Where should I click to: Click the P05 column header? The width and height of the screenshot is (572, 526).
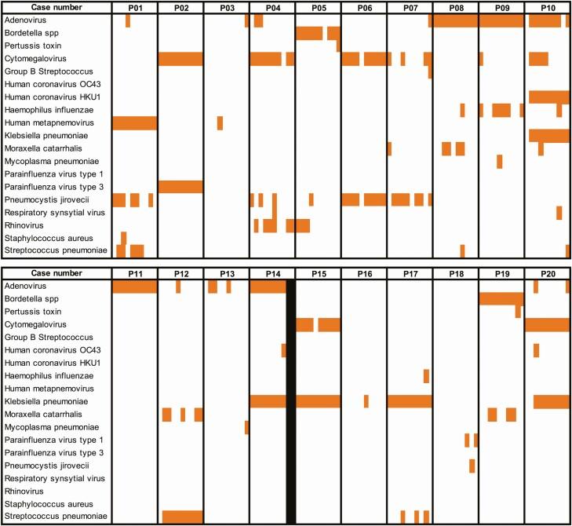click(x=318, y=7)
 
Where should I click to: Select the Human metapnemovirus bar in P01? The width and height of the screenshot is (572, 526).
click(x=134, y=122)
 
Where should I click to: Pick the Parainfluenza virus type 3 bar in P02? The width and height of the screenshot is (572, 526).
click(x=180, y=186)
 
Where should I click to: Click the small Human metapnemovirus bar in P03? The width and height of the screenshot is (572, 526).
click(x=220, y=122)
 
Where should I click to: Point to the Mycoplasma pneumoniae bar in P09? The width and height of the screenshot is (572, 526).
click(x=499, y=161)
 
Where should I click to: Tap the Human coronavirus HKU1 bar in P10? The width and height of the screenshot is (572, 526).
click(x=548, y=97)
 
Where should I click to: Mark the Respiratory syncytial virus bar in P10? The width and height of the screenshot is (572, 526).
click(x=559, y=212)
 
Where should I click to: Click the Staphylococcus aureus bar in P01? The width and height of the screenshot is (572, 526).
click(x=123, y=237)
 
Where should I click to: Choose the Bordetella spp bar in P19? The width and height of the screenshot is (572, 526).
click(x=501, y=298)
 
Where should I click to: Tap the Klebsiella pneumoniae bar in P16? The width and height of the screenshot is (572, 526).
click(x=366, y=401)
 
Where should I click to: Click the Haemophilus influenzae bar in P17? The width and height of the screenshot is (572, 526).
click(x=426, y=376)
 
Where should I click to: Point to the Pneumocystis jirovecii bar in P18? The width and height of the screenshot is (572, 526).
click(x=472, y=466)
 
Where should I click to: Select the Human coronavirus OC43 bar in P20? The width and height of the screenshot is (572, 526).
click(x=536, y=350)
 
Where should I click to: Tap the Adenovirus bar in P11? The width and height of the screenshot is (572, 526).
click(x=134, y=287)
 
